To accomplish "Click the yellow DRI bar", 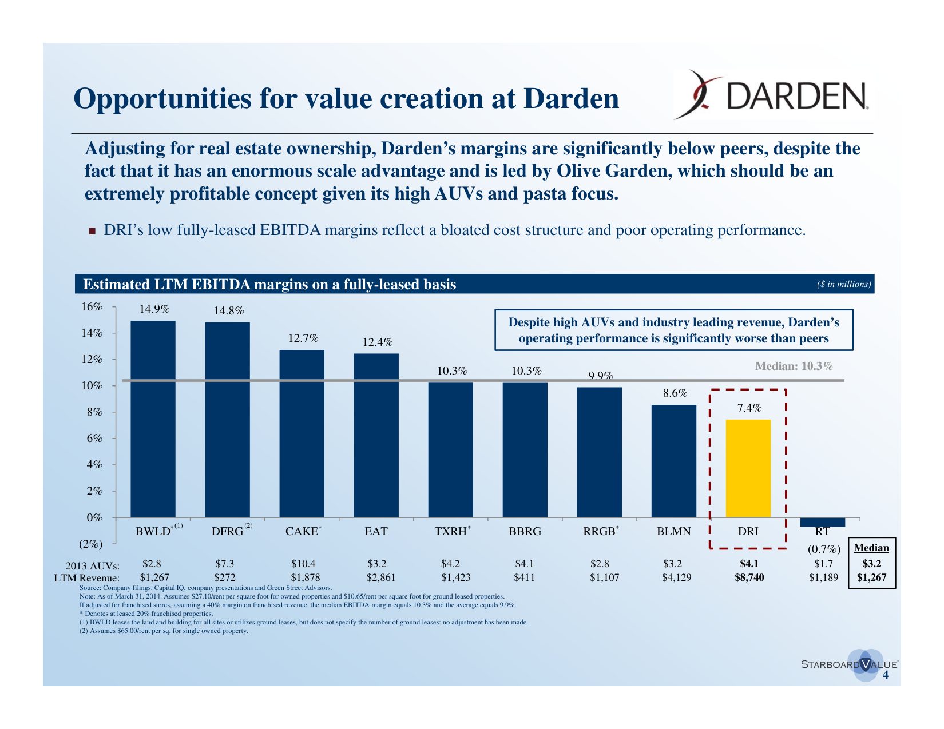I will pyautogui.click(x=748, y=468).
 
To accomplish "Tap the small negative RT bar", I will pyautogui.click(x=822, y=522).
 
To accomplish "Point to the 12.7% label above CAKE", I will pyautogui.click(x=303, y=338).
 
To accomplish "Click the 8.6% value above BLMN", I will pyautogui.click(x=675, y=393).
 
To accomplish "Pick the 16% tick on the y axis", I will pyautogui.click(x=92, y=307).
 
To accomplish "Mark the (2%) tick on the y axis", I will pyautogui.click(x=90, y=544).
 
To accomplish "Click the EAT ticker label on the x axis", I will pyautogui.click(x=376, y=531).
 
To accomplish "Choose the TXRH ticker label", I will pyautogui.click(x=451, y=531).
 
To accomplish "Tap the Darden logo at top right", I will pyautogui.click(x=770, y=95).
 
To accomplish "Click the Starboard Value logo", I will pyautogui.click(x=849, y=664).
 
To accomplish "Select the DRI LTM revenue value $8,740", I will pyautogui.click(x=749, y=577).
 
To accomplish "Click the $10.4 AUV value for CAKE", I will pyautogui.click(x=303, y=564).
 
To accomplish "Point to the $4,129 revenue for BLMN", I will pyautogui.click(x=676, y=577).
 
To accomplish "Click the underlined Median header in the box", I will pyautogui.click(x=871, y=548).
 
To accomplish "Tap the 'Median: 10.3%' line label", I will pyautogui.click(x=794, y=366).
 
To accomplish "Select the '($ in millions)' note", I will pyautogui.click(x=844, y=284).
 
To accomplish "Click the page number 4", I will pyautogui.click(x=886, y=675).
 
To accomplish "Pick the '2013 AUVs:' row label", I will pyautogui.click(x=92, y=566).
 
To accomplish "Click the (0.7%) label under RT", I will pyautogui.click(x=823, y=549).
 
